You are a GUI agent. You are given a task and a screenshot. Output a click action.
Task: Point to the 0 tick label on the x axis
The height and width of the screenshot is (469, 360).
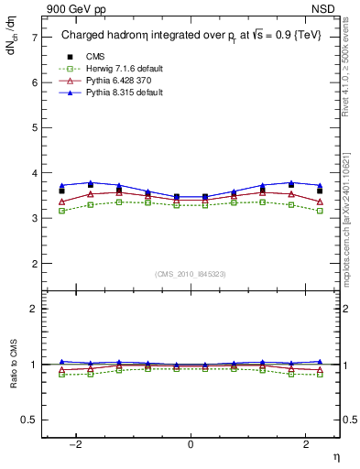tap(191, 443)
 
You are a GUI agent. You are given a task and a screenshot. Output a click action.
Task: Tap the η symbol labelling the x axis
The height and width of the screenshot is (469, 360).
tap(334, 455)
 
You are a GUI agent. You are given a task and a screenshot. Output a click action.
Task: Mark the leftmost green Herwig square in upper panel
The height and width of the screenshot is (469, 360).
tap(61, 211)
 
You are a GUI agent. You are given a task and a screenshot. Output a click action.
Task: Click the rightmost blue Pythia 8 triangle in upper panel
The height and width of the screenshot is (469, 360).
tap(320, 185)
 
